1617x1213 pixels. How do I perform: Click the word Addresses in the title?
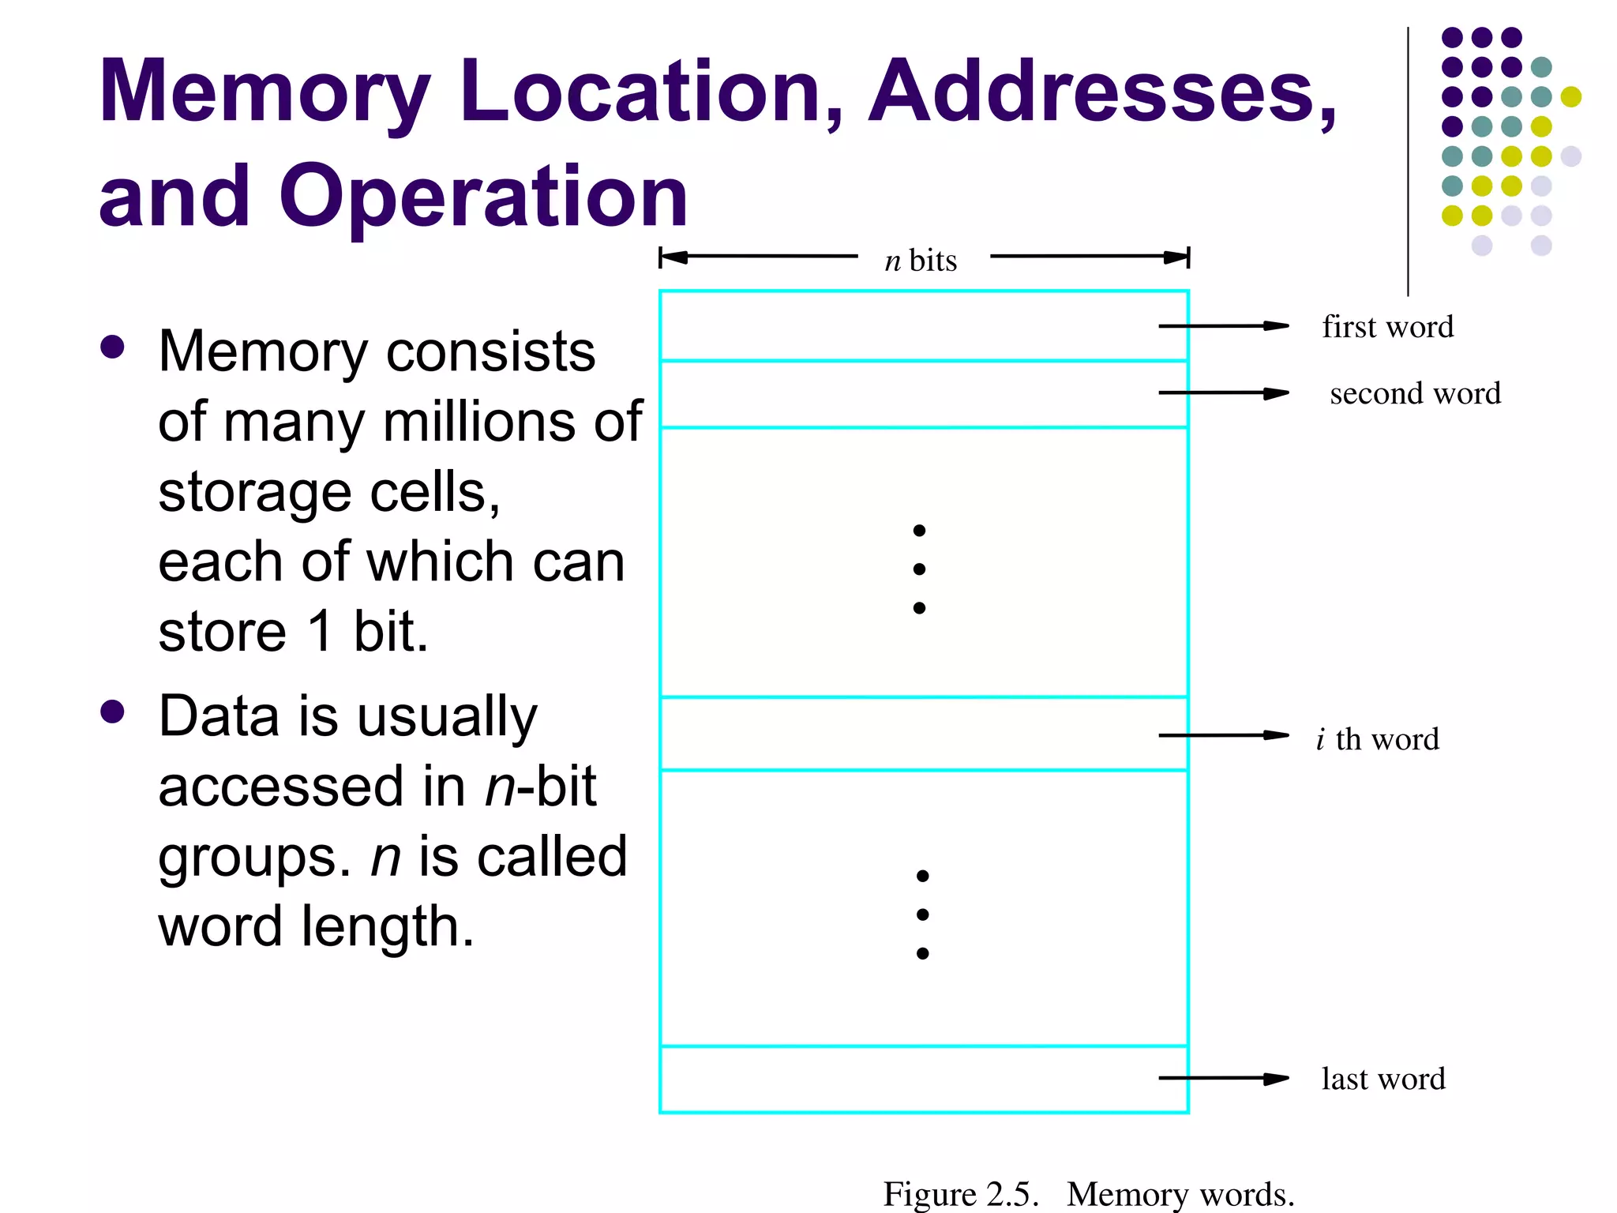pos(1101,92)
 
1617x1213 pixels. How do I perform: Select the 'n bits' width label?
pos(921,260)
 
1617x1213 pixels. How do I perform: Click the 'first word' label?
pos(1387,326)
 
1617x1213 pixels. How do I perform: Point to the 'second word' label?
pos(1415,393)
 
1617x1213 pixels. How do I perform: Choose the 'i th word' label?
pos(1378,739)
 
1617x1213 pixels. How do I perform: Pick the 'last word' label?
pos(1383,1079)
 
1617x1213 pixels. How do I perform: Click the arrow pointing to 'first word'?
pos(1223,325)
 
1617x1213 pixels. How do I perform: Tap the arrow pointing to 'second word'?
pos(1223,392)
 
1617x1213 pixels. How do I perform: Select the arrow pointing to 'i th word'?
pos(1223,735)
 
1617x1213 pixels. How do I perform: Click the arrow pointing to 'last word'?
pos(1223,1078)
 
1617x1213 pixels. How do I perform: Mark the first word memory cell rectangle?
pos(908,326)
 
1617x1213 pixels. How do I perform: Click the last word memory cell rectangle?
pos(908,1080)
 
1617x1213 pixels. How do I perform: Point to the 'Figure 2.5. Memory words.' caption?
pos(1088,1193)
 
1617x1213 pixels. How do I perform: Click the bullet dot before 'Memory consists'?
pos(113,347)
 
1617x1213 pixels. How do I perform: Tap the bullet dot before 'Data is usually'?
pos(113,712)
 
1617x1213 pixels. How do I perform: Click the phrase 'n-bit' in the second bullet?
pos(540,787)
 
